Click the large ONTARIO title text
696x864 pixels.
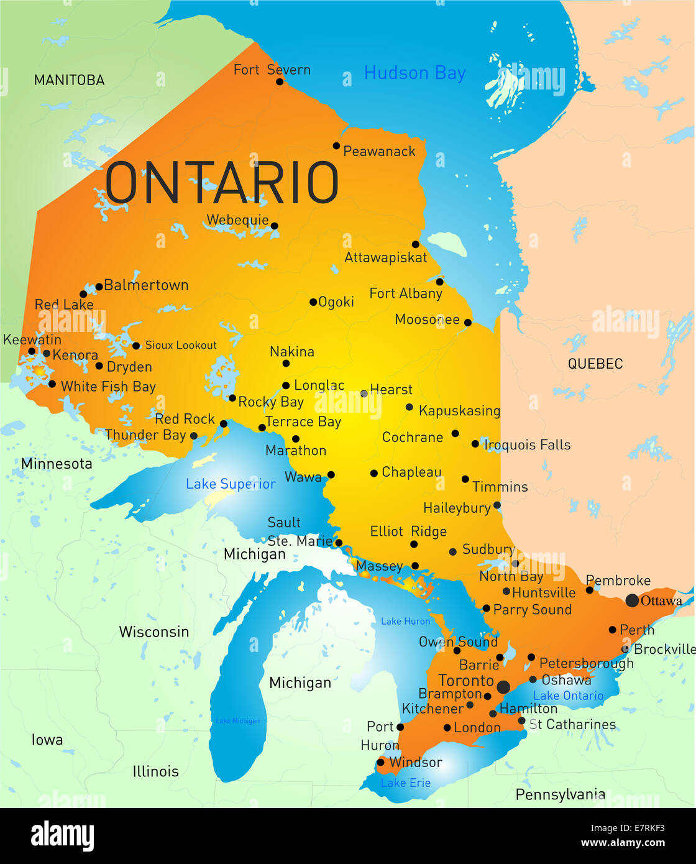(x=222, y=183)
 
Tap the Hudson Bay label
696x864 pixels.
(x=414, y=73)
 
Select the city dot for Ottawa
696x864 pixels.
(x=632, y=600)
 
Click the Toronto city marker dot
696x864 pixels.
(x=503, y=687)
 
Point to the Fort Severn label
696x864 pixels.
(x=272, y=70)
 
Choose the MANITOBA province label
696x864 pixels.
(x=69, y=80)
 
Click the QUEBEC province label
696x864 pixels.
(x=595, y=364)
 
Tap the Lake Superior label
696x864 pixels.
(x=231, y=484)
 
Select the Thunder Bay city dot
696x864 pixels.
(x=194, y=436)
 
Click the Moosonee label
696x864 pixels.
(x=427, y=319)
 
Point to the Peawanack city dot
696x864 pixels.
(x=336, y=146)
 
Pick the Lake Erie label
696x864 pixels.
(x=405, y=783)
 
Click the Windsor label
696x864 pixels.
(x=415, y=762)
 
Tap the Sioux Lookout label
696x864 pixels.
(x=181, y=345)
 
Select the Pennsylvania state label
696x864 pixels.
(x=560, y=794)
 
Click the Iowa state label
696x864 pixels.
(x=47, y=740)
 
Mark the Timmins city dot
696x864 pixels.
(x=465, y=479)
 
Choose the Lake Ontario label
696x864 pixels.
(x=568, y=696)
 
